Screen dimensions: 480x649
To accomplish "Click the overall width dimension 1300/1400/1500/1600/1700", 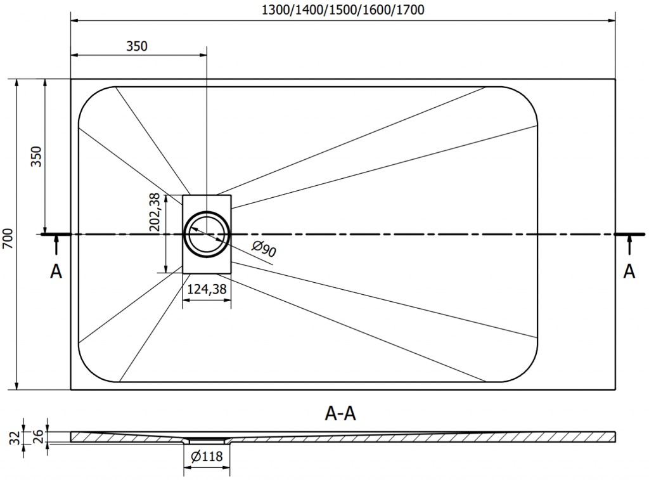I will (343, 9).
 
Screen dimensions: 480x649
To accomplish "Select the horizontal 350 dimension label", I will (137, 46).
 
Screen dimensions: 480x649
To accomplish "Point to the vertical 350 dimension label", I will (36, 156).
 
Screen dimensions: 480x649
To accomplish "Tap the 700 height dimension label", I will (8, 237).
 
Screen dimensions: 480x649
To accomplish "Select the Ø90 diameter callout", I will (263, 250).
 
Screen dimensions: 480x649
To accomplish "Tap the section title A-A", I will (340, 413).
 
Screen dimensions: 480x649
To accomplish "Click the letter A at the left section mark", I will (56, 271).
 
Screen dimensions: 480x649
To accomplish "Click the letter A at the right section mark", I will (629, 271).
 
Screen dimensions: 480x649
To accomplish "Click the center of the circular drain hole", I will (207, 234).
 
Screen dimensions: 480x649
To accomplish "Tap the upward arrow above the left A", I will (56, 245).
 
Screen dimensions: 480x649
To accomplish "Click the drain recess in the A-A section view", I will (207, 439).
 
